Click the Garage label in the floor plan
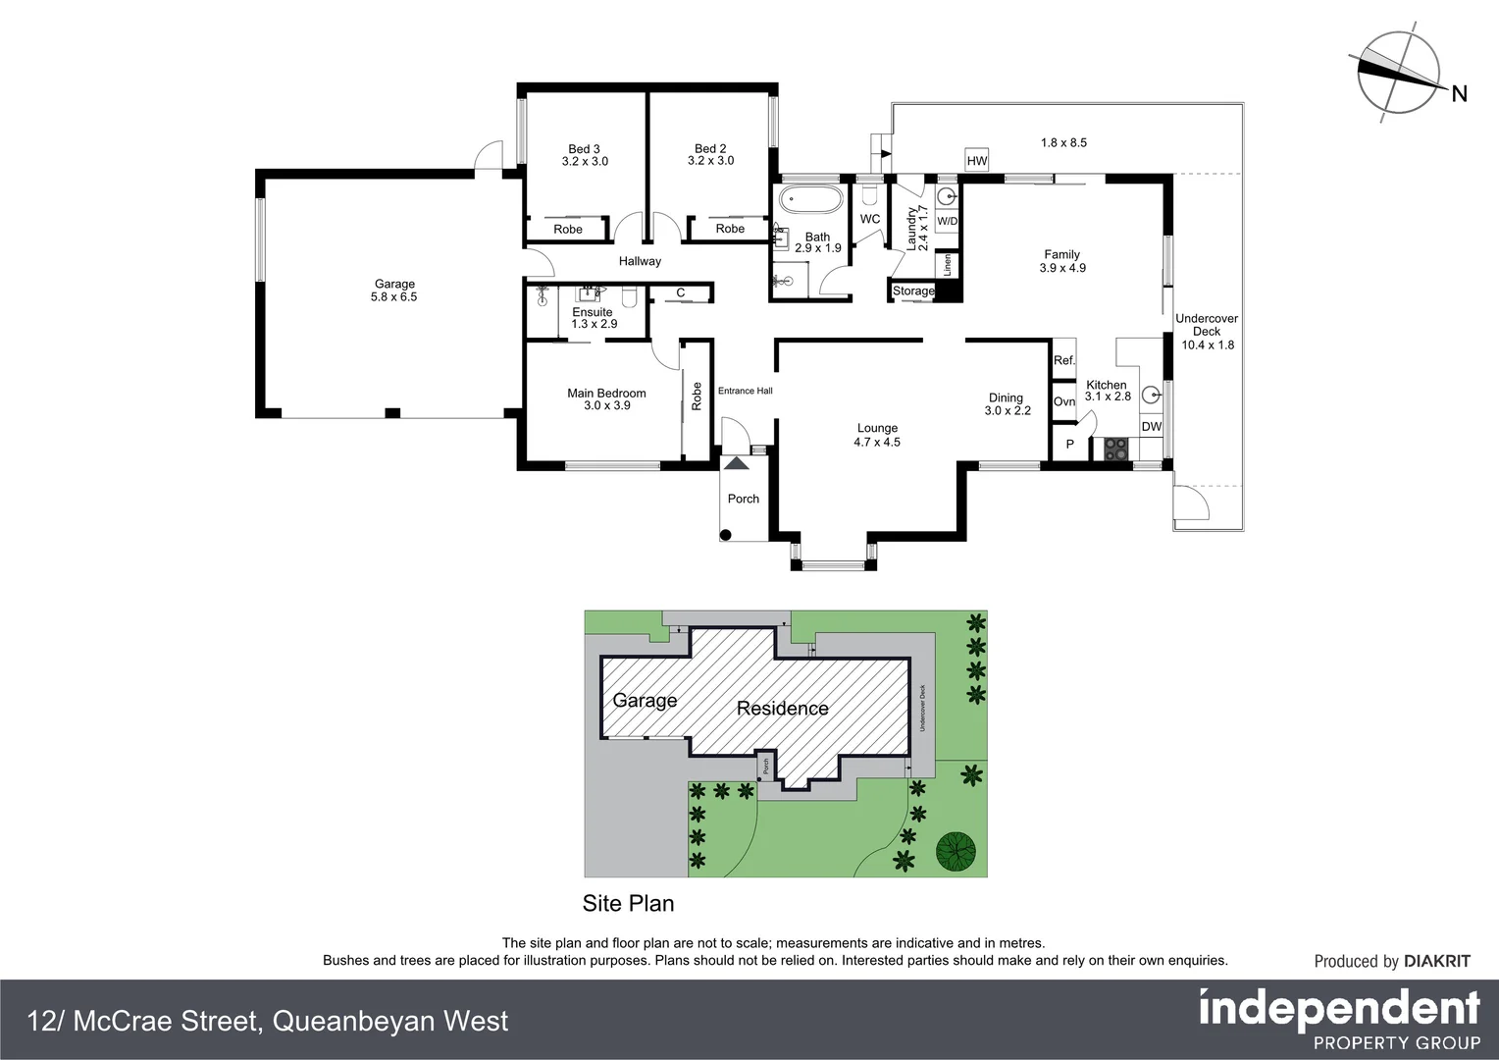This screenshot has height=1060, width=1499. [x=394, y=284]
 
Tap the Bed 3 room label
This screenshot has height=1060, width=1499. [x=585, y=149]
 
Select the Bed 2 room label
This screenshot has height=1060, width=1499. [x=710, y=149]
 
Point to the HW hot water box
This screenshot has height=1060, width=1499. [x=976, y=161]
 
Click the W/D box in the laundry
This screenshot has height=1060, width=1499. [x=947, y=221]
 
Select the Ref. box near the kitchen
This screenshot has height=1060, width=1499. [x=1064, y=360]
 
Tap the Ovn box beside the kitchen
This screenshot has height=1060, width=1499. [x=1064, y=401]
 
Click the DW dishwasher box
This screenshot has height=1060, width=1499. [x=1152, y=427]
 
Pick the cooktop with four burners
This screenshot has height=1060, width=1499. [x=1116, y=449]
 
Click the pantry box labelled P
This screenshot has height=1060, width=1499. [x=1070, y=444]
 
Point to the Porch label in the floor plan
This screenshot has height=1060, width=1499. [x=744, y=499]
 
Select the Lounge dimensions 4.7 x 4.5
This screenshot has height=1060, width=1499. [x=877, y=442]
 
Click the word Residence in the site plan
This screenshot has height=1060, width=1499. [x=782, y=708]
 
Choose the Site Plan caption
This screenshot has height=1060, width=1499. [x=628, y=903]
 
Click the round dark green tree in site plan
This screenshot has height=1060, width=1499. [x=955, y=851]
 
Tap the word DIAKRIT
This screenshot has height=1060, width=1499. [x=1437, y=961]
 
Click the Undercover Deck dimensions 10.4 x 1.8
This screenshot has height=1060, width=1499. [x=1208, y=344]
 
